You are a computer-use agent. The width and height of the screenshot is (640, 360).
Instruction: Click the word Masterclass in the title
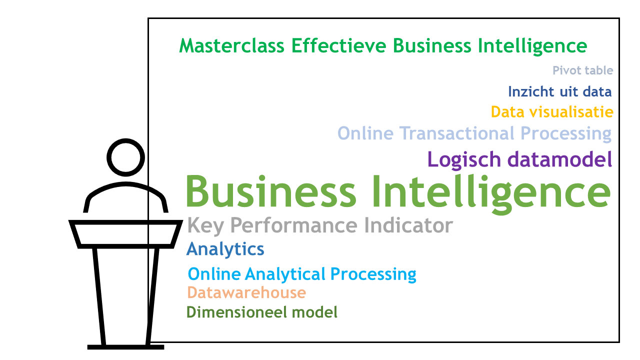pos(231,45)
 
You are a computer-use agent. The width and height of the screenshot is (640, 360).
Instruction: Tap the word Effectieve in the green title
pos(338,45)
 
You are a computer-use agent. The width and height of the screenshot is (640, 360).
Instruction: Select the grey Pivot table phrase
pos(582,70)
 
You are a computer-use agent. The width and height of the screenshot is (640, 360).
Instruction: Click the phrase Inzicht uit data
pos(559,91)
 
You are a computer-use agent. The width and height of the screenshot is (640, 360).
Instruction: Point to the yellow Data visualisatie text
pos(552,111)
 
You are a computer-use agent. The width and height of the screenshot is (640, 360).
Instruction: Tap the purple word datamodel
pos(560,159)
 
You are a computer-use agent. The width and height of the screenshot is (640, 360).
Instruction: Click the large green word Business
pos(271,191)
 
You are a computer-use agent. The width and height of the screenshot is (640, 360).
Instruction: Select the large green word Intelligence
pos(491,193)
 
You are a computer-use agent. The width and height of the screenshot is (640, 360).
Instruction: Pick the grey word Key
pos(205,226)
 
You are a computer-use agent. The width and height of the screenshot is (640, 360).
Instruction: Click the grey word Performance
pos(293,225)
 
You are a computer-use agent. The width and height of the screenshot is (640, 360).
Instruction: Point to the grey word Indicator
pos(408,225)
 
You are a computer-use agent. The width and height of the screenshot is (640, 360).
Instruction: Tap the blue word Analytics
pos(225,249)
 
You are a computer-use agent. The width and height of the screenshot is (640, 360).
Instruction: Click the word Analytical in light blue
pos(285,274)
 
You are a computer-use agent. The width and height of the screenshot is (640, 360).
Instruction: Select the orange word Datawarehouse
pos(246,292)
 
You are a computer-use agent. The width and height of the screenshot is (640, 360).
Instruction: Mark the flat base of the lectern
pos(125,347)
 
